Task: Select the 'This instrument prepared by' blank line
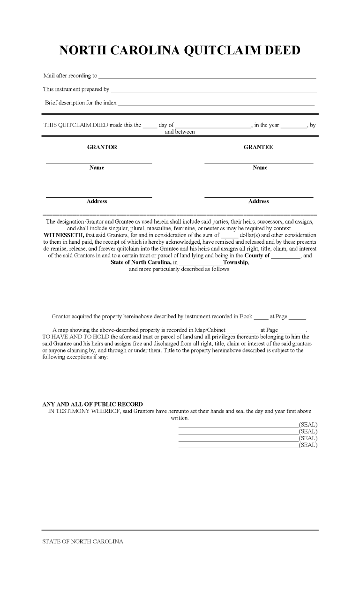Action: (x=213, y=90)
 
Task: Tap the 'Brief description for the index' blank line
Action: (x=216, y=104)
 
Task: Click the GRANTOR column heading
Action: (x=102, y=147)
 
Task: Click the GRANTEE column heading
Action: (x=258, y=147)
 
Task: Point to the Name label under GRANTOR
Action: (x=97, y=168)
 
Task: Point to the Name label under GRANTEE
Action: (x=260, y=168)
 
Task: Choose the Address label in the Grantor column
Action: (x=97, y=202)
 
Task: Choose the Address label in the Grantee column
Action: (x=259, y=202)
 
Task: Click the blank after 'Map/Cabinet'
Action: (x=242, y=331)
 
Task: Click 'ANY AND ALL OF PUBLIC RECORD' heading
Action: (x=93, y=404)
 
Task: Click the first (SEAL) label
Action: (x=308, y=425)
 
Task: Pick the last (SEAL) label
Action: (x=308, y=445)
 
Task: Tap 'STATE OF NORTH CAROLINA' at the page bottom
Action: (x=83, y=542)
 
